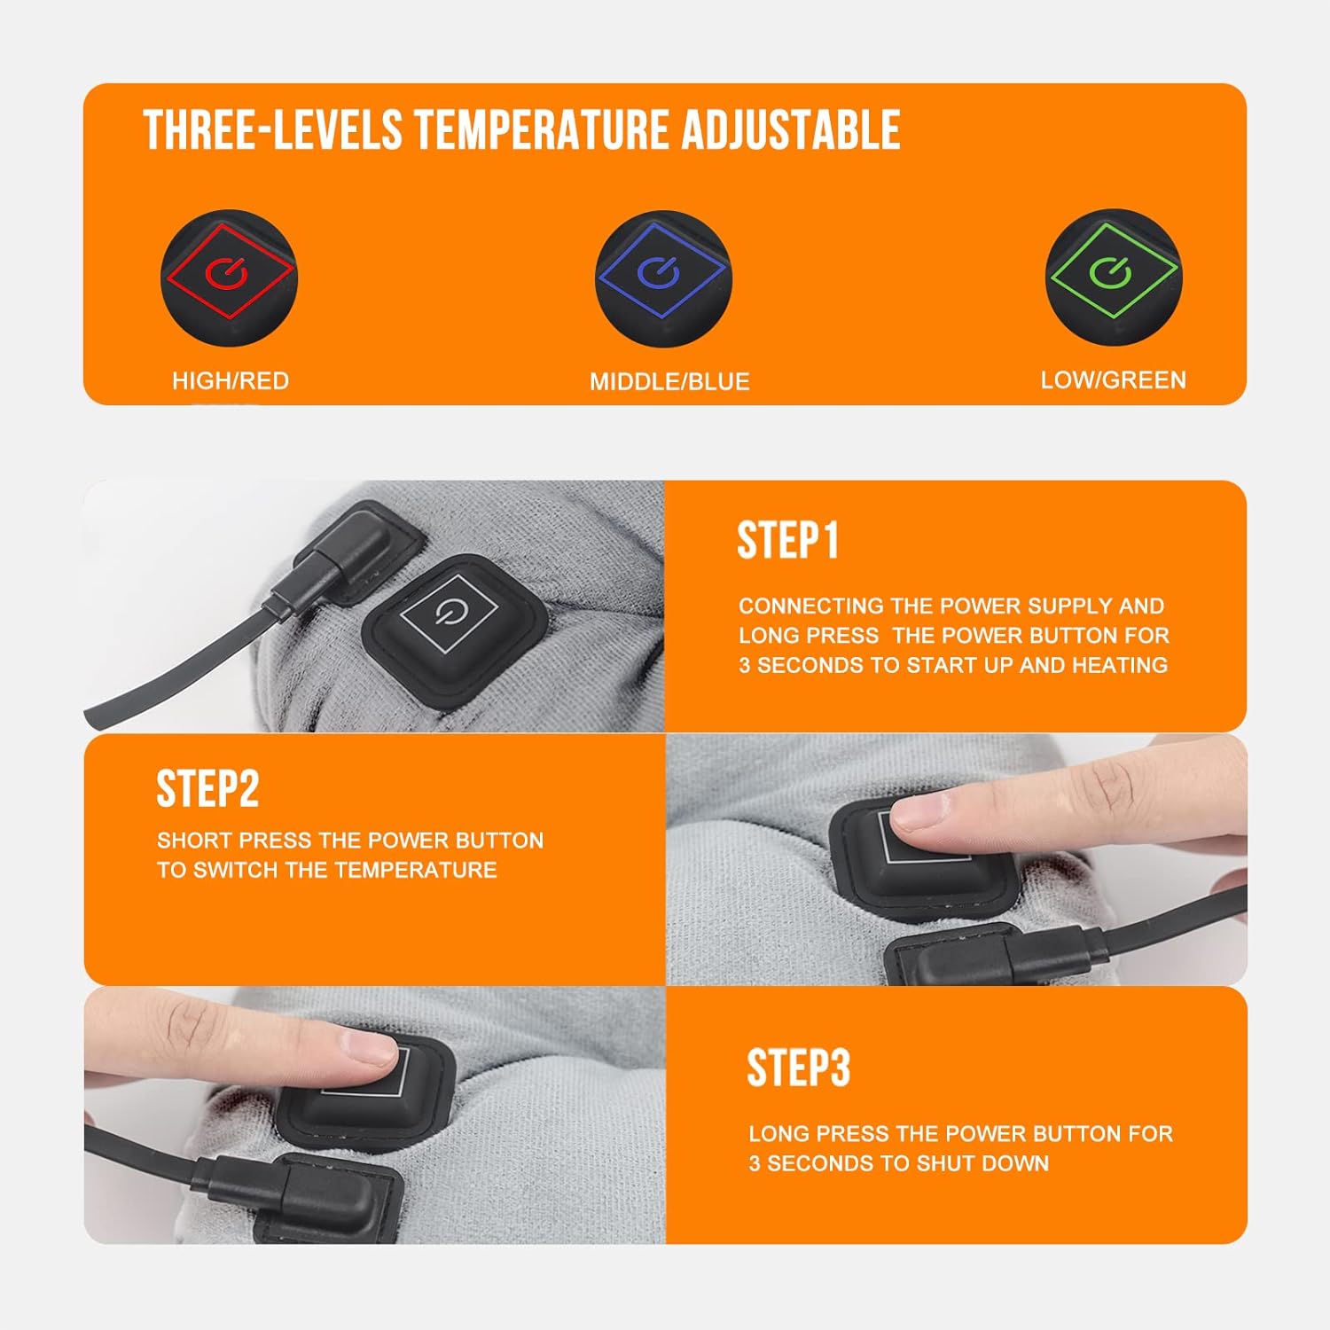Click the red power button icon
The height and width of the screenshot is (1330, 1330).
(228, 276)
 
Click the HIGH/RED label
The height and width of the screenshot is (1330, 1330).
(231, 381)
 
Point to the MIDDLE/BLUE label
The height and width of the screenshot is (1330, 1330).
(669, 382)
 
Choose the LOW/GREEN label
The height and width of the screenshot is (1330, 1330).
(1113, 380)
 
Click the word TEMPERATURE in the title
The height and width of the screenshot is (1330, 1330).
(543, 130)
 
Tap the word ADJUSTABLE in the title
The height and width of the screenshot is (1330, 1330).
(790, 130)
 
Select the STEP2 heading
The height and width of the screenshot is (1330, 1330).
(207, 788)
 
